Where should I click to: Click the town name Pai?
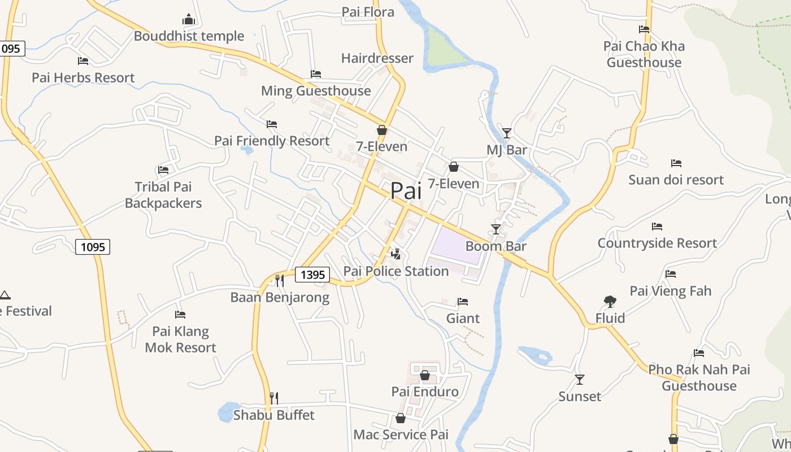406,191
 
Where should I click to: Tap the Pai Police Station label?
396,271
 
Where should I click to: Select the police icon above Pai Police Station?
396,254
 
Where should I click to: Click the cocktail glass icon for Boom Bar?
496,229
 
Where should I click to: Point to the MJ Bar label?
506,150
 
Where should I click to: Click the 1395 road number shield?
312,275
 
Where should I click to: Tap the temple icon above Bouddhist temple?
189,20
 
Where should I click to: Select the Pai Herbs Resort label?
83,77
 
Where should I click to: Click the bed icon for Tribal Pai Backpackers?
163,169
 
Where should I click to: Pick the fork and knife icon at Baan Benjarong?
279,280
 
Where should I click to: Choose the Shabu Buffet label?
274,415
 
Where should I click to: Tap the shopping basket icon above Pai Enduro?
425,375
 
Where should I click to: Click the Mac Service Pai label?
401,434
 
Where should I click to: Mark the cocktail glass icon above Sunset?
580,379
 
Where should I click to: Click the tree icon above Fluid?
610,301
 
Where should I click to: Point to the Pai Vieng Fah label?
671,291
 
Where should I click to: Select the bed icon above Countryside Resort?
657,227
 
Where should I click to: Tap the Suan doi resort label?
676,180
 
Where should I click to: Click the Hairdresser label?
377,58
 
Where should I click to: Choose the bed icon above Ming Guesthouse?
316,74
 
